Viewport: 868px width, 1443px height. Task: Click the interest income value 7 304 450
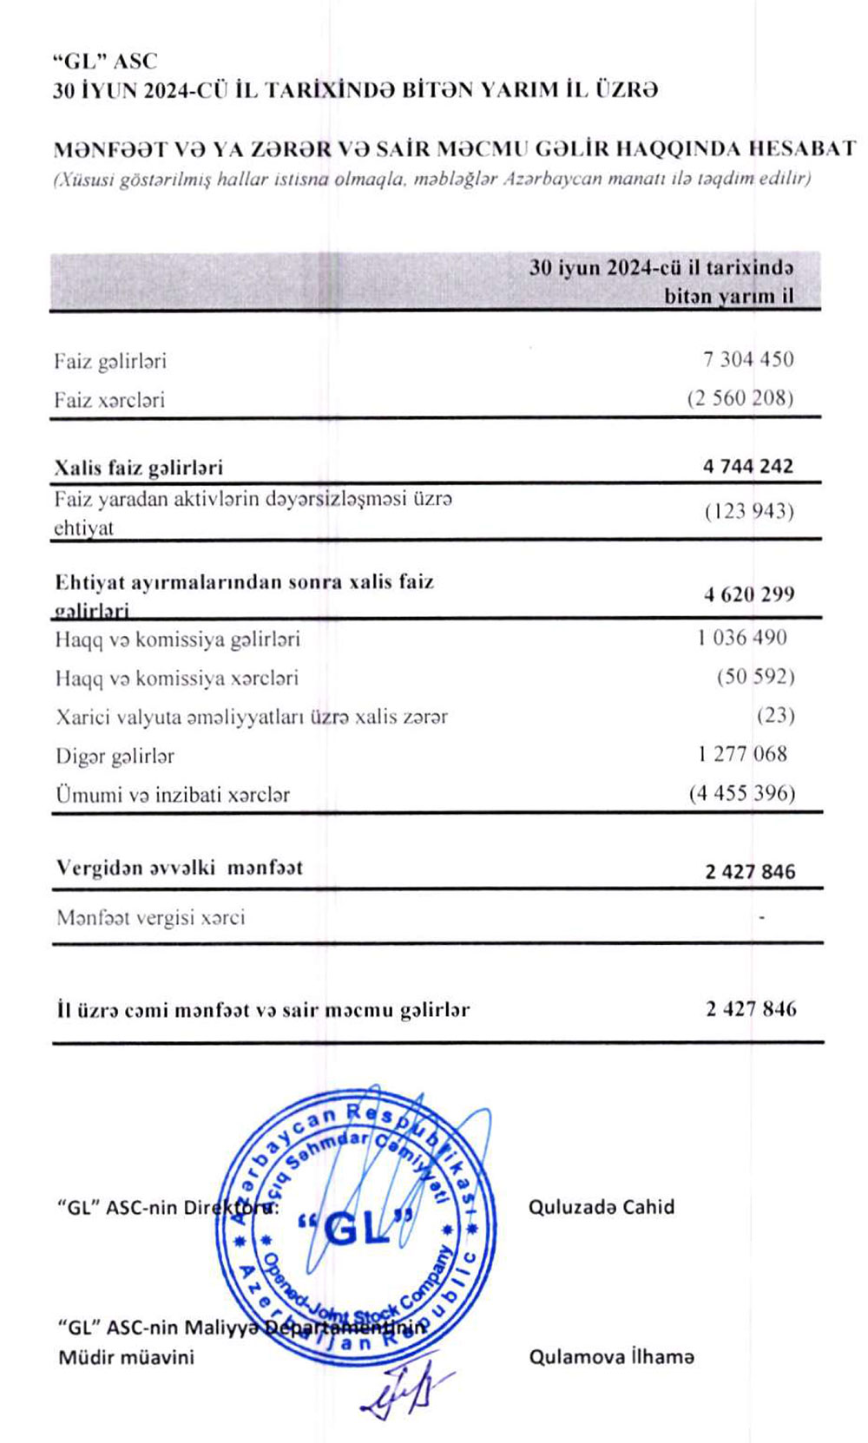(748, 359)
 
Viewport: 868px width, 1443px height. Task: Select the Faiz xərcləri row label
(109, 400)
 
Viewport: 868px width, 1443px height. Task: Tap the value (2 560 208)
(740, 398)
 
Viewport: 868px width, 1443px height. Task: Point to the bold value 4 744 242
(748, 466)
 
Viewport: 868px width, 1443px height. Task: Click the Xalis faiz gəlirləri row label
(139, 468)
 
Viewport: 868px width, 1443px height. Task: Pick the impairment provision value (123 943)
(749, 510)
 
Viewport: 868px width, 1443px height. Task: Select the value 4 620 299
(749, 594)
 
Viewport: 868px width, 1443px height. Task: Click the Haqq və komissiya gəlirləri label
(178, 640)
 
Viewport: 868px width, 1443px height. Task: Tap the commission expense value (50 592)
(755, 676)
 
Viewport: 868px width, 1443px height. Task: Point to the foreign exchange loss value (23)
(775, 715)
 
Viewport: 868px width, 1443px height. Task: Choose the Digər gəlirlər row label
(115, 757)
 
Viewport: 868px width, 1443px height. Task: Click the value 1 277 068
(742, 753)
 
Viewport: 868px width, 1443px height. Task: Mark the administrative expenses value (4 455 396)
(742, 792)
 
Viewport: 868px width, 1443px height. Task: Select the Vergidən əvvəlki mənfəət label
(180, 868)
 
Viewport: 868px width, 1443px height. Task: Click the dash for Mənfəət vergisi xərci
(761, 916)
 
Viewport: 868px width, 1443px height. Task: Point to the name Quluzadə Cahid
(602, 1207)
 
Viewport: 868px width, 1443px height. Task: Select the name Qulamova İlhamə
(612, 1357)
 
